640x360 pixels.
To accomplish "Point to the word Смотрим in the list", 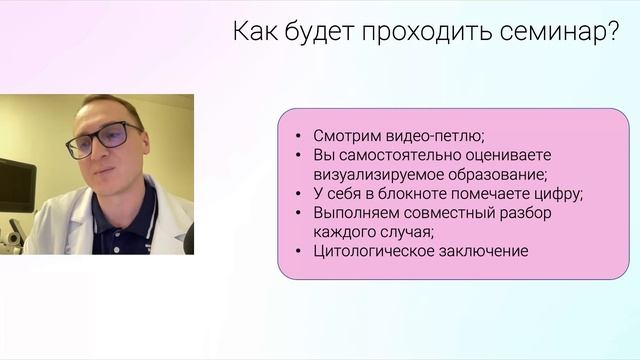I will click(346, 137).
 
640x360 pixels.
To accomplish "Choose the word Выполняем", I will click(353, 213).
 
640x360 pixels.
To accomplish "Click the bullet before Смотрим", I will click(301, 137).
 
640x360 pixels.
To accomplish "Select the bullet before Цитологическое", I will click(301, 251).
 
